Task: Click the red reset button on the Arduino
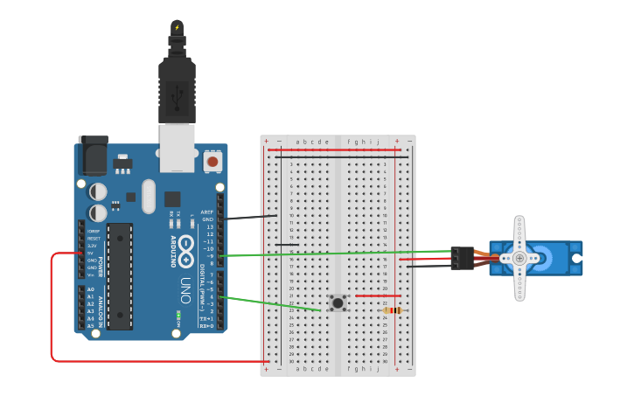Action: [212, 162]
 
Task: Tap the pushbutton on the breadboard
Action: [338, 302]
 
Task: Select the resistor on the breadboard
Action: [393, 310]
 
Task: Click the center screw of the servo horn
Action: [519, 258]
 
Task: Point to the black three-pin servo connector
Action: [463, 258]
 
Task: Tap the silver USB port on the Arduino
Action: [177, 147]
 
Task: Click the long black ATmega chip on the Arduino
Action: [120, 276]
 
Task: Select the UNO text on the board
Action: [185, 289]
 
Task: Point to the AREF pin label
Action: [207, 212]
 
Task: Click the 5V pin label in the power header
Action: [92, 254]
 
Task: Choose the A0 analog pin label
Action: [91, 289]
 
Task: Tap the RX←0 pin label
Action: [206, 326]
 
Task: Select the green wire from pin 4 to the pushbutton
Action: [271, 303]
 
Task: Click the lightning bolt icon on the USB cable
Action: [177, 27]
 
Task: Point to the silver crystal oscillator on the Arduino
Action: [148, 196]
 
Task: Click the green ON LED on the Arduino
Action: [178, 315]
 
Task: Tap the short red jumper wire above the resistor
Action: [378, 296]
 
